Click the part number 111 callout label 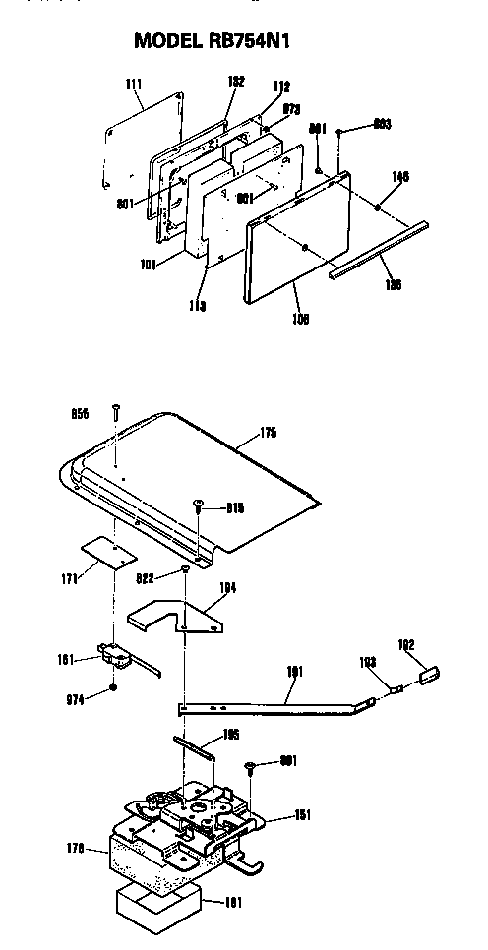tap(136, 86)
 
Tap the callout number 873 tap(291, 108)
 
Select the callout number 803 tap(382, 125)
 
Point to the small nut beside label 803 tap(339, 131)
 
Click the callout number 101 tap(150, 263)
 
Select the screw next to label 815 tap(198, 505)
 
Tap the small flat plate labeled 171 tap(107, 552)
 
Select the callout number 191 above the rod tap(294, 672)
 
